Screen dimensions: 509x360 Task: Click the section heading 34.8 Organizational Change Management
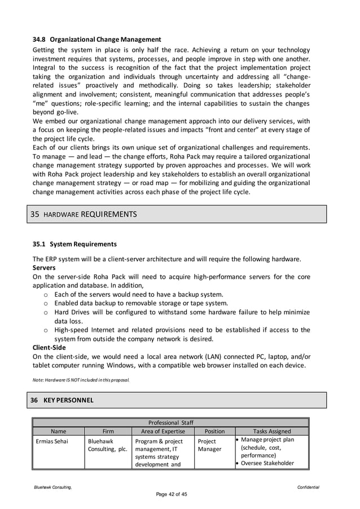(96, 40)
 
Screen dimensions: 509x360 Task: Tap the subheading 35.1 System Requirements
(74, 244)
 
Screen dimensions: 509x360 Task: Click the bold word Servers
(44, 267)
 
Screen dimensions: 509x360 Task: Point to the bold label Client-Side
(49, 348)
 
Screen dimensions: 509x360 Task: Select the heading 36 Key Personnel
(63, 400)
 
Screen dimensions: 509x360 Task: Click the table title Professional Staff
(170, 423)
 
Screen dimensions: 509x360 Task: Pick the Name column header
(59, 431)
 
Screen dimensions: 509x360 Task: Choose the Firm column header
(108, 431)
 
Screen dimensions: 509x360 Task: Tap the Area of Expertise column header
(163, 431)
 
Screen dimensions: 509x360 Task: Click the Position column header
(214, 431)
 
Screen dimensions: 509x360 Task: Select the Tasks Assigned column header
(272, 431)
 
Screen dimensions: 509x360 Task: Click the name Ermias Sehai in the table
(53, 441)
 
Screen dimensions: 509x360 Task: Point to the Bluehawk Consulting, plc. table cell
(107, 445)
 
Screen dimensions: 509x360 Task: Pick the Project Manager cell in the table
(209, 445)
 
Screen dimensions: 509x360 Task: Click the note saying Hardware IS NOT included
(81, 380)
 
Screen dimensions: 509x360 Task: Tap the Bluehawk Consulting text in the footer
(51, 488)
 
